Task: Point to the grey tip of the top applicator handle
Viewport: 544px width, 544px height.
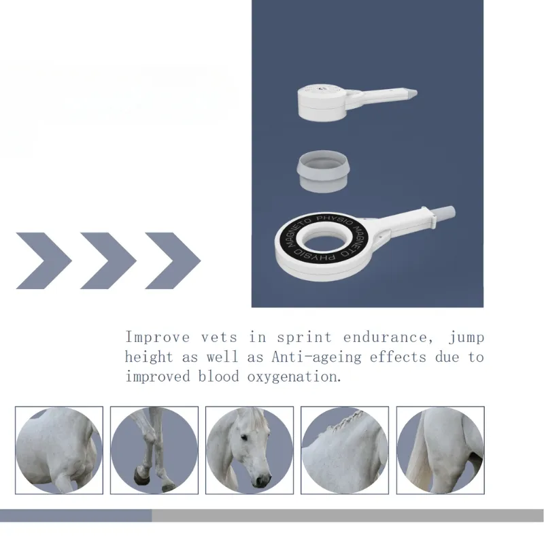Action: pos(411,92)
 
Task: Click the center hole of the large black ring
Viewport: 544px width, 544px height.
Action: pos(324,239)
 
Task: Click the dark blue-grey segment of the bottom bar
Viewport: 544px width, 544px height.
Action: pos(75,515)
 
